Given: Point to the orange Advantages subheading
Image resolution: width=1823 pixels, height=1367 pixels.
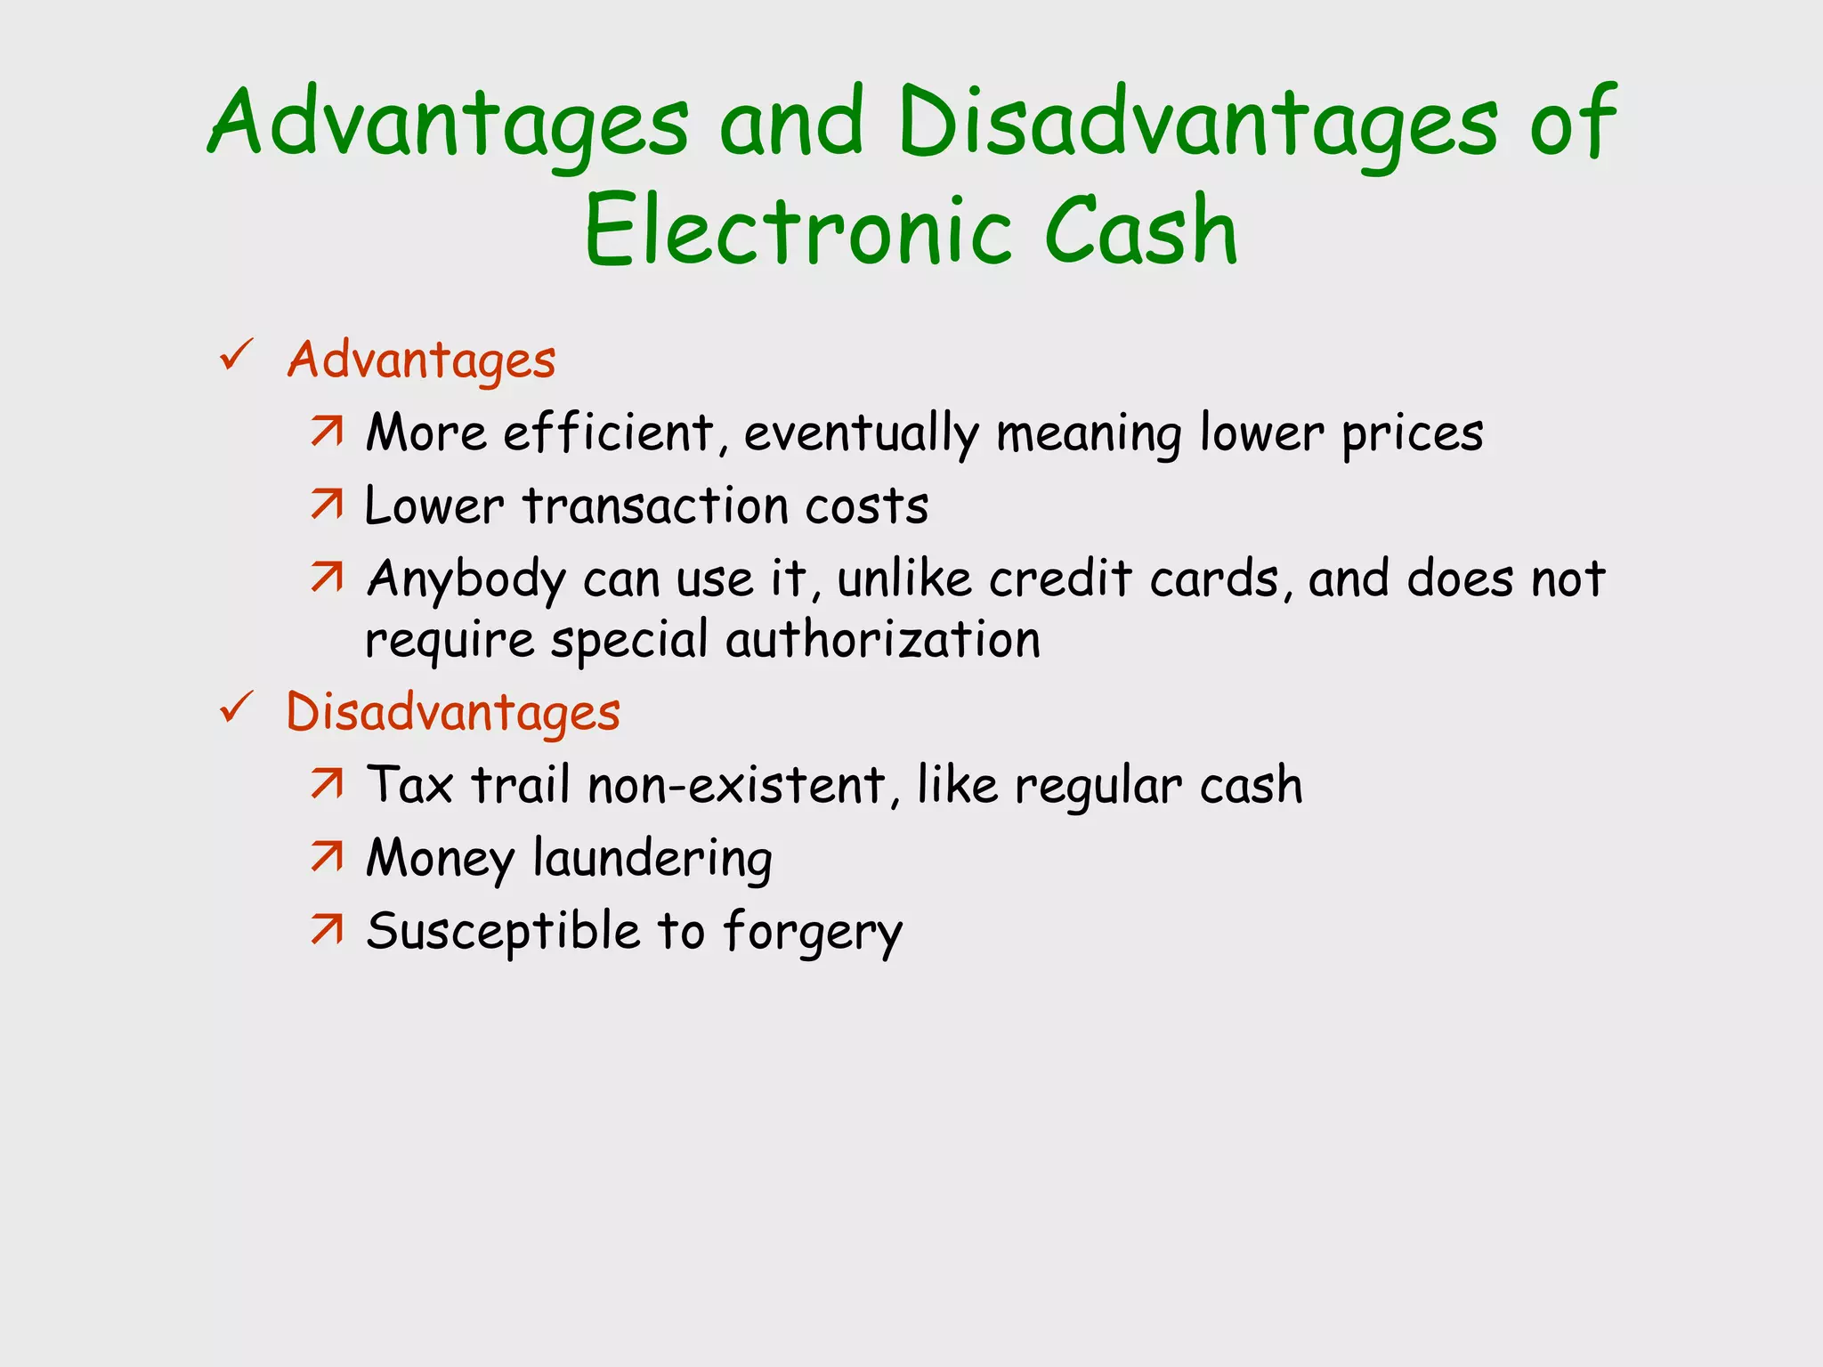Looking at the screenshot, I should tap(421, 360).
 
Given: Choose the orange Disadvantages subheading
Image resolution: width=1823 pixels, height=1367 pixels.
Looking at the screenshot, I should tap(453, 713).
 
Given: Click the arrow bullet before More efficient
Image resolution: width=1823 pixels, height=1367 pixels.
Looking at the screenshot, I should tap(327, 432).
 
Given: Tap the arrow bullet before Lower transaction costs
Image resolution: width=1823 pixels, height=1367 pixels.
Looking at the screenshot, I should tap(327, 505).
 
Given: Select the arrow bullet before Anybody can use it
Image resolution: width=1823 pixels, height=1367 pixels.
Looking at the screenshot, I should tap(327, 578).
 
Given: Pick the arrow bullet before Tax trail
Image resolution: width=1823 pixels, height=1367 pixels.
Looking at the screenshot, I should tap(327, 784).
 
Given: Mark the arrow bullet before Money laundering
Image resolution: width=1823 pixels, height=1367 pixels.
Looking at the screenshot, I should tap(327, 857).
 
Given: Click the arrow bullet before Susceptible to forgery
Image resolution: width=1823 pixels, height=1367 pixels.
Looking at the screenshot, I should tap(327, 930).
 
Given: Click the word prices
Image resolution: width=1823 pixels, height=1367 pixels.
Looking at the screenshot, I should tap(1412, 435).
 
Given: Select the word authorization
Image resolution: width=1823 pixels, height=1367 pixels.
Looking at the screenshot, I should tap(883, 639).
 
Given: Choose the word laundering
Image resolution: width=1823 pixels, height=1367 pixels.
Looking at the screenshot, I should tap(652, 860).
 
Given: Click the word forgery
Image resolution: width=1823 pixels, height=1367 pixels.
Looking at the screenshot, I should tap(813, 933).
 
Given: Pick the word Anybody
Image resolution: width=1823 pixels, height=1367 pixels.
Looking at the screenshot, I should tap(466, 580).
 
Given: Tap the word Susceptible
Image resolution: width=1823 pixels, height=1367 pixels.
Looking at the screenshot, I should tap(503, 933).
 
